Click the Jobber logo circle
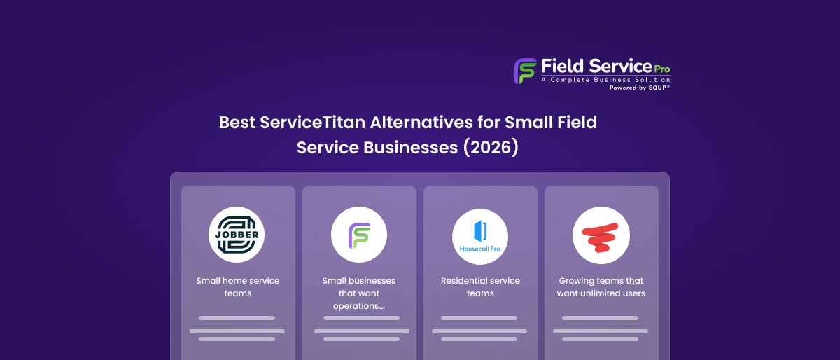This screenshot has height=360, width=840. coord(237,235)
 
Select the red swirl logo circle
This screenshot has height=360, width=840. coord(601,235)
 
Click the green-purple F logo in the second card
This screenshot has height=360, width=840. coord(358,235)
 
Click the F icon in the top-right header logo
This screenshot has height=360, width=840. coord(525,71)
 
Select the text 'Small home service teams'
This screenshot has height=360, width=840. coord(237,287)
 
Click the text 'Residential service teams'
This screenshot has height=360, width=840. coord(480,287)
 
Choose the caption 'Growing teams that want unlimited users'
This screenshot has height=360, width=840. coord(601,287)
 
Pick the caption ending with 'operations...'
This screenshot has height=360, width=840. coord(358,293)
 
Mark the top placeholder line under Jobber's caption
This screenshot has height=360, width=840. coord(237,318)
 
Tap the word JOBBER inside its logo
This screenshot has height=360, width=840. coord(237,235)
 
